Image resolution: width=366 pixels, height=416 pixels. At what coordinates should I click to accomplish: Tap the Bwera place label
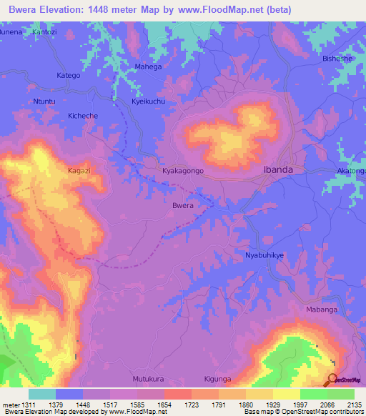[183, 205]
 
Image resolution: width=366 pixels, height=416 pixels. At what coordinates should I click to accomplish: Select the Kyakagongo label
[184, 172]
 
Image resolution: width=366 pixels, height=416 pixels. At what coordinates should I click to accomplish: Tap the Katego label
[69, 74]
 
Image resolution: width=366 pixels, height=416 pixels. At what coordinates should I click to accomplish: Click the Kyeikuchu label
[149, 102]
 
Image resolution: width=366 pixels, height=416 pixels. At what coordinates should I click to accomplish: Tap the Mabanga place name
[320, 312]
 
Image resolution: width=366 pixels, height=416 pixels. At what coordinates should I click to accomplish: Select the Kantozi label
[45, 33]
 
